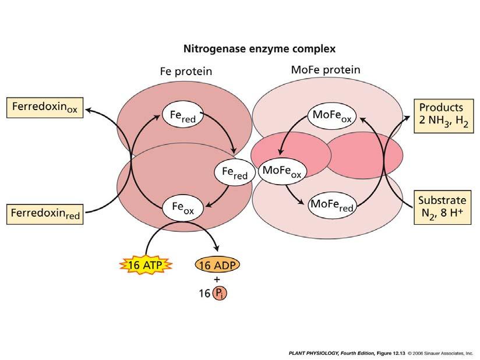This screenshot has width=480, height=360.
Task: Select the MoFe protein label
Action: (x=325, y=70)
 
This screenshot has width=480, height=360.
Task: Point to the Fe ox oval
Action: (x=183, y=207)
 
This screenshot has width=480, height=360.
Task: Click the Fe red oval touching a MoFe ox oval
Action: (x=231, y=172)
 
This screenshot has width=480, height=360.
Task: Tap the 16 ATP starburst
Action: (x=146, y=265)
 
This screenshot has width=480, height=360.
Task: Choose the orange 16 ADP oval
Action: (x=217, y=265)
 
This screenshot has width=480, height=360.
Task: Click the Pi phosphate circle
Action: (x=220, y=293)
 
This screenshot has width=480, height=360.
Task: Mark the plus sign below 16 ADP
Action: (x=217, y=279)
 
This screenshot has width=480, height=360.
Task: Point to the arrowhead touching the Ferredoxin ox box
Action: (x=89, y=108)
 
